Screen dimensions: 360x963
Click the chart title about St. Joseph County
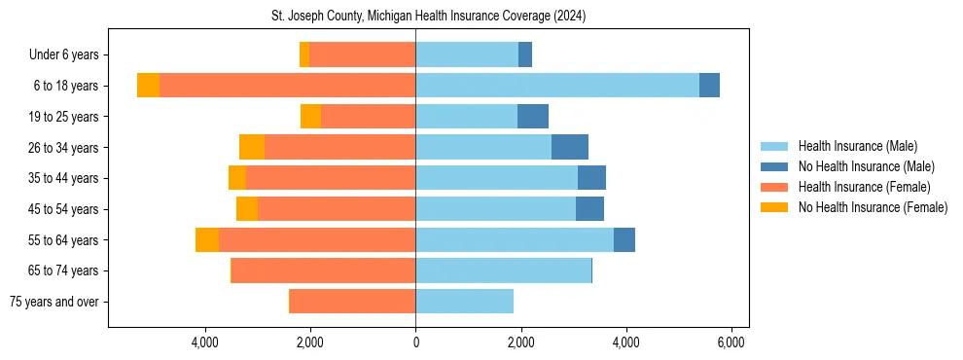428,17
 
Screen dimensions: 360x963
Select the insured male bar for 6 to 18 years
557,86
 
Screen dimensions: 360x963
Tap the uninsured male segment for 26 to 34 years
570,147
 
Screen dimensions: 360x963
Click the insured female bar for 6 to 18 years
287,86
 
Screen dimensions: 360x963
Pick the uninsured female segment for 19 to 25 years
310,117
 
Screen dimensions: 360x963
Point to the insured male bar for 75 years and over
464,302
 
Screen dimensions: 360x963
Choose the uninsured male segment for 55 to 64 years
624,239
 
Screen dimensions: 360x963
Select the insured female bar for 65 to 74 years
323,270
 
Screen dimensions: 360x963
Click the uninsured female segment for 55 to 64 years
207,239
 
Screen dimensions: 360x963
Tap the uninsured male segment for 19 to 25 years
533,117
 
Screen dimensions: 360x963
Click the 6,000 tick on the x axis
731,342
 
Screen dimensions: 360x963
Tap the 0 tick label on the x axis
415,342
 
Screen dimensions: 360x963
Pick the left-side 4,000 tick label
205,342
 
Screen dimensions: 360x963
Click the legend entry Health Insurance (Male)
857,146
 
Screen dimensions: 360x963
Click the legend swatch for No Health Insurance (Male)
775,166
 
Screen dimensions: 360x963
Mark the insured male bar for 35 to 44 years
496,178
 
